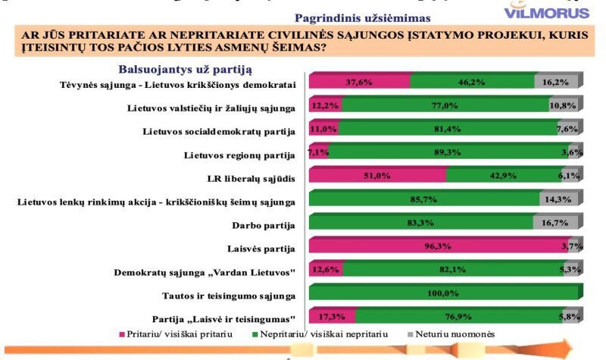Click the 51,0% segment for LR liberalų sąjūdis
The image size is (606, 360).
tap(377, 177)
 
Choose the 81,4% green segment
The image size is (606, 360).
tap(447, 130)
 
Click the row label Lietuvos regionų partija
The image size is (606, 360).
tap(239, 155)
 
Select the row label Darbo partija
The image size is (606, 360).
tap(262, 225)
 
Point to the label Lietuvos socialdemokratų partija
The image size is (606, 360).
tap(218, 131)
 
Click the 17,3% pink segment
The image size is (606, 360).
tap(332, 318)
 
